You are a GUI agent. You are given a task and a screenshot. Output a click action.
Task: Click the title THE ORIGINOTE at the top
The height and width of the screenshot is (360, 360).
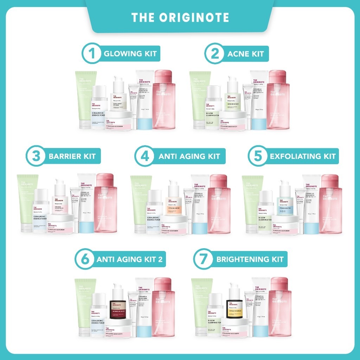[x=180, y=18]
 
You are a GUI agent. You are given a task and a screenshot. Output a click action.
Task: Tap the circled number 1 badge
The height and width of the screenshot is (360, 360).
[x=92, y=54]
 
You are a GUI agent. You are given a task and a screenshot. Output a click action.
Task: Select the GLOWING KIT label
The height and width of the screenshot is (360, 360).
[x=130, y=54]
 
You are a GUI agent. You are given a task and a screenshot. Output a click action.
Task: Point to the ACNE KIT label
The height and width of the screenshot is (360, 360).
[x=245, y=54]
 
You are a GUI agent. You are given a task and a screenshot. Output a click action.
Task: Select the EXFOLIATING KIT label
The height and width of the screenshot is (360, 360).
[x=302, y=156]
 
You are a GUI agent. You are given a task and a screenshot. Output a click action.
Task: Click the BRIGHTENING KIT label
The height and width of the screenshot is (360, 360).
[x=250, y=259]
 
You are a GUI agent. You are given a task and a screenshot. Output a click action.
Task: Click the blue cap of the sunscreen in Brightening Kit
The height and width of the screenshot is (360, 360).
[x=261, y=330]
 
